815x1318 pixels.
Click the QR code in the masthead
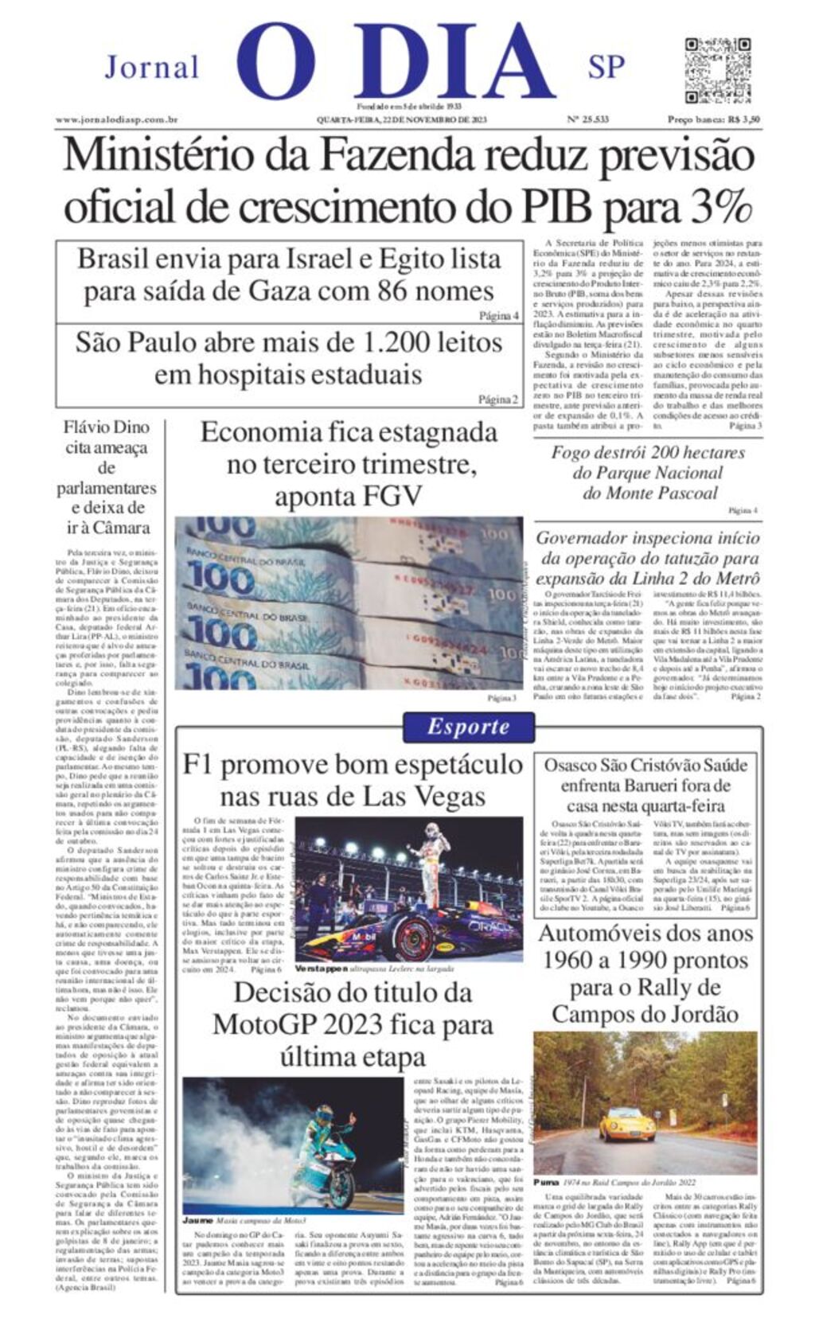718,69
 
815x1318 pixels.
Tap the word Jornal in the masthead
152,67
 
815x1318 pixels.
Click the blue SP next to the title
606,67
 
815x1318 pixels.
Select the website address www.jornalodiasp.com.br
116,119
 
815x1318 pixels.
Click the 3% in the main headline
720,206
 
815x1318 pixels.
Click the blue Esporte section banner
468,727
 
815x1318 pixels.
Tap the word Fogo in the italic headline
573,452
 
